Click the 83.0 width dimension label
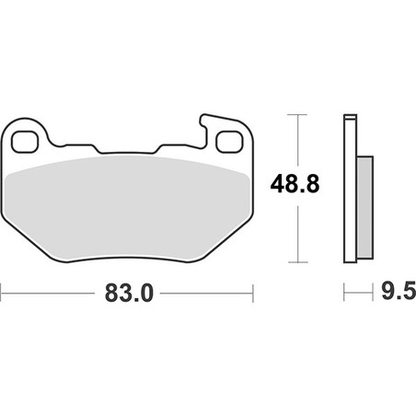[129, 294]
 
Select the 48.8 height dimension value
[295, 184]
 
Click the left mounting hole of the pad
[25, 142]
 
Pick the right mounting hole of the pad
[229, 142]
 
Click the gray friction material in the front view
[127, 209]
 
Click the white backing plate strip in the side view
[351, 191]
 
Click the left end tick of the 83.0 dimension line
[1, 293]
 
